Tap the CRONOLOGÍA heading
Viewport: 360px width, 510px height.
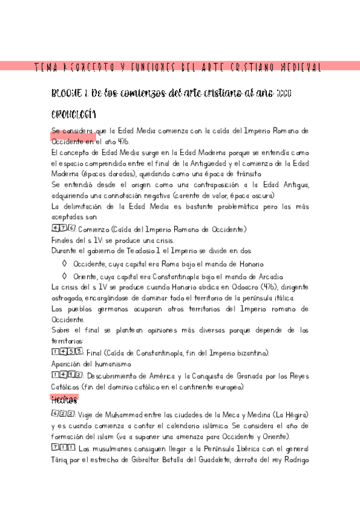click(75, 114)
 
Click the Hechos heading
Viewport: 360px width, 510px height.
click(64, 399)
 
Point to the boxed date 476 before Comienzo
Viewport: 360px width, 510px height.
click(63, 229)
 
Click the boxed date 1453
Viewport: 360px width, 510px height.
click(67, 352)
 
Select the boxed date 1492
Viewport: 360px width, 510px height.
click(67, 376)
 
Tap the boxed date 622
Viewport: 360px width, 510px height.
click(63, 415)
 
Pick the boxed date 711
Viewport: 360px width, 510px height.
click(63, 449)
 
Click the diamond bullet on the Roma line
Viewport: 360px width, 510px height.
click(66, 263)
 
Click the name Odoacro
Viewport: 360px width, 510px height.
click(220, 287)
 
